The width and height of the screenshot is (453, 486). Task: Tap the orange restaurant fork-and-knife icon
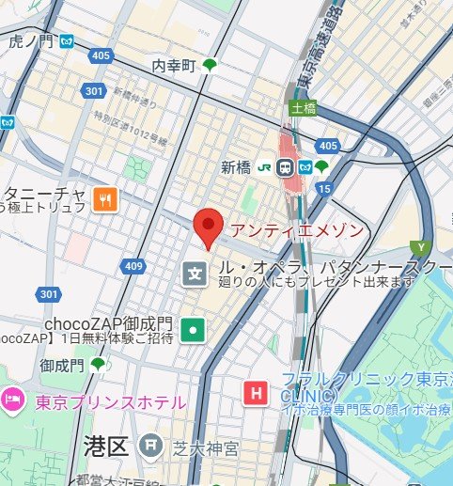pyautogui.click(x=105, y=198)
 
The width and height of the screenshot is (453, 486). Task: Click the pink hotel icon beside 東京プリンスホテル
pyautogui.click(x=13, y=401)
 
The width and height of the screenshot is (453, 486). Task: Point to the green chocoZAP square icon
pyautogui.click(x=193, y=329)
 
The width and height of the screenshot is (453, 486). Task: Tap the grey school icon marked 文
pyautogui.click(x=194, y=274)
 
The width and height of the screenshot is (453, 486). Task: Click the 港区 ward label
pyautogui.click(x=105, y=446)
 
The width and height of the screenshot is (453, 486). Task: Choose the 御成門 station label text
pyautogui.click(x=61, y=364)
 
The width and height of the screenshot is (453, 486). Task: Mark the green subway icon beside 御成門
pyautogui.click(x=98, y=364)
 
